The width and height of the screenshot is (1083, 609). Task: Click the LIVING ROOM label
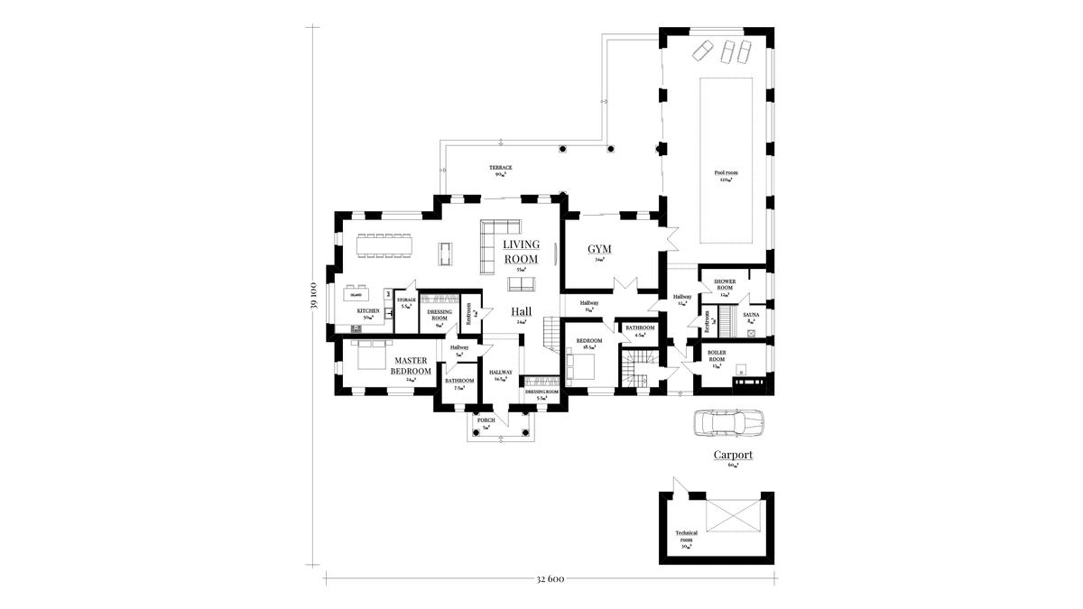[521, 252]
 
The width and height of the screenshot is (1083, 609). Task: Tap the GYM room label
[599, 249]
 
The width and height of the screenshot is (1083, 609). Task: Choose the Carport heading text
[733, 456]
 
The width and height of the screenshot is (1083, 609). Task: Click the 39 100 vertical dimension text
[313, 297]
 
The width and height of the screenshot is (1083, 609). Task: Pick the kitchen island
[356, 294]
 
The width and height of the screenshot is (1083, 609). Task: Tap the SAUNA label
[752, 317]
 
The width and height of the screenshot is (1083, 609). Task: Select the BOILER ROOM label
[718, 356]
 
